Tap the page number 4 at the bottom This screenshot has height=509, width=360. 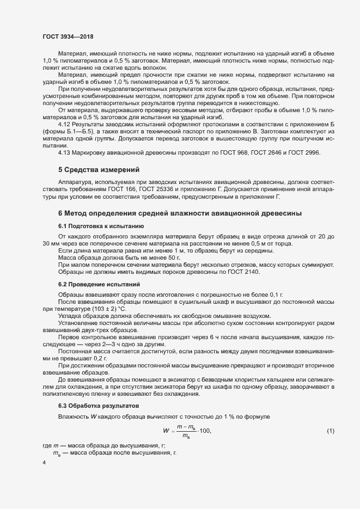click(44, 463)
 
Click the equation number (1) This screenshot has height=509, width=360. click(330, 431)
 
